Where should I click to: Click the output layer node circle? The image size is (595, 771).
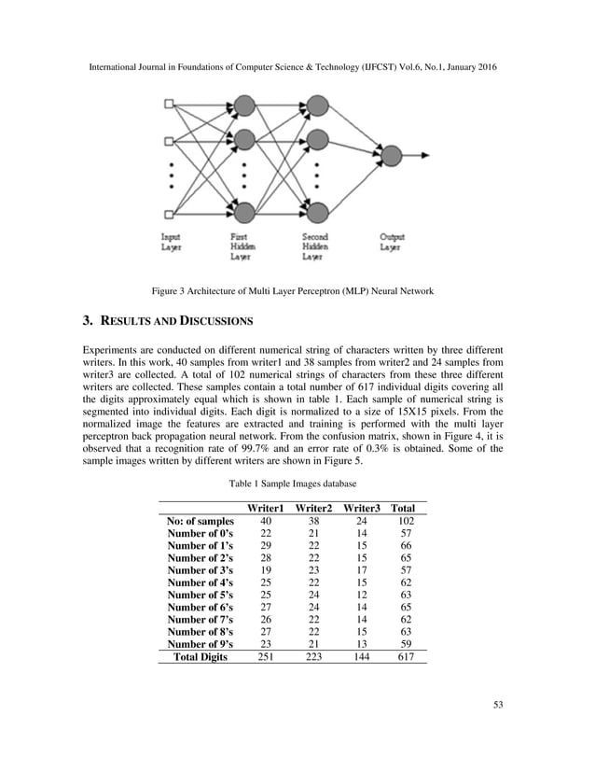click(x=391, y=155)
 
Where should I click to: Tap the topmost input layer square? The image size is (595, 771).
click(x=169, y=104)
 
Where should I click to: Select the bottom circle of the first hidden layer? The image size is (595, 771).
click(x=245, y=212)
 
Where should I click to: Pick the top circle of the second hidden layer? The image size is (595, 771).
click(x=318, y=104)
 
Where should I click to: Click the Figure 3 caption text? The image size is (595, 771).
click(x=297, y=293)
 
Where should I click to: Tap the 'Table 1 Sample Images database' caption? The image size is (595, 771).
click(x=297, y=484)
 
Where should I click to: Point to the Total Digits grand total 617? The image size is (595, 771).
click(x=405, y=657)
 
